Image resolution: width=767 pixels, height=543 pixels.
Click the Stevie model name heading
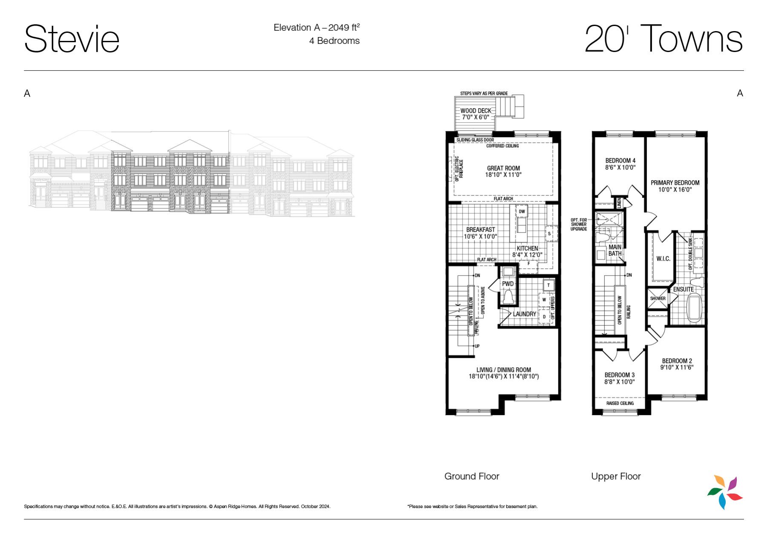pyautogui.click(x=72, y=39)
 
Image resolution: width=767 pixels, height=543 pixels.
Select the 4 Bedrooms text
pyautogui.click(x=334, y=41)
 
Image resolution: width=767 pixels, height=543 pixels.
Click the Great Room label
pyautogui.click(x=503, y=168)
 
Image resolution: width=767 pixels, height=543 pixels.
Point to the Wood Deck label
pyautogui.click(x=476, y=111)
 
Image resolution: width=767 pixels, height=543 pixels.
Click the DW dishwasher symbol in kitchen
pyautogui.click(x=522, y=212)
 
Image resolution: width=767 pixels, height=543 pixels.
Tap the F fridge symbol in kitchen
pyautogui.click(x=529, y=264)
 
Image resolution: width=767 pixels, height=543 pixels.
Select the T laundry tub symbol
pyautogui.click(x=549, y=285)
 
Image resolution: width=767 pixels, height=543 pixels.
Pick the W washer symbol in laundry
pyautogui.click(x=544, y=300)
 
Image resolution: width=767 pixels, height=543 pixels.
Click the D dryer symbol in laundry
pyautogui.click(x=544, y=317)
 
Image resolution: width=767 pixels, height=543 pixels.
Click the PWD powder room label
pyautogui.click(x=508, y=284)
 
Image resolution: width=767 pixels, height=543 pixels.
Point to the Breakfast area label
pyautogui.click(x=480, y=230)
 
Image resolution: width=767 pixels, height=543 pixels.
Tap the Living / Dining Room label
pyautogui.click(x=504, y=370)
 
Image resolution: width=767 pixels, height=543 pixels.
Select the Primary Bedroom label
pyautogui.click(x=675, y=183)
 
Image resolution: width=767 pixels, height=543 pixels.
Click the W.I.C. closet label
pyautogui.click(x=663, y=259)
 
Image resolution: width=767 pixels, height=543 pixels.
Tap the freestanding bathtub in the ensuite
pyautogui.click(x=695, y=308)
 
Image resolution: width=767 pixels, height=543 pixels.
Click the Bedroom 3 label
pyautogui.click(x=619, y=375)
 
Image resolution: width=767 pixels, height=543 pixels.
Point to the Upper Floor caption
pyautogui.click(x=616, y=476)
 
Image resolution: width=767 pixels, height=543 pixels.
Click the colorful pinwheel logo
pyautogui.click(x=725, y=492)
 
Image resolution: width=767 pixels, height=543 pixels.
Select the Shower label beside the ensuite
pyautogui.click(x=658, y=299)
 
